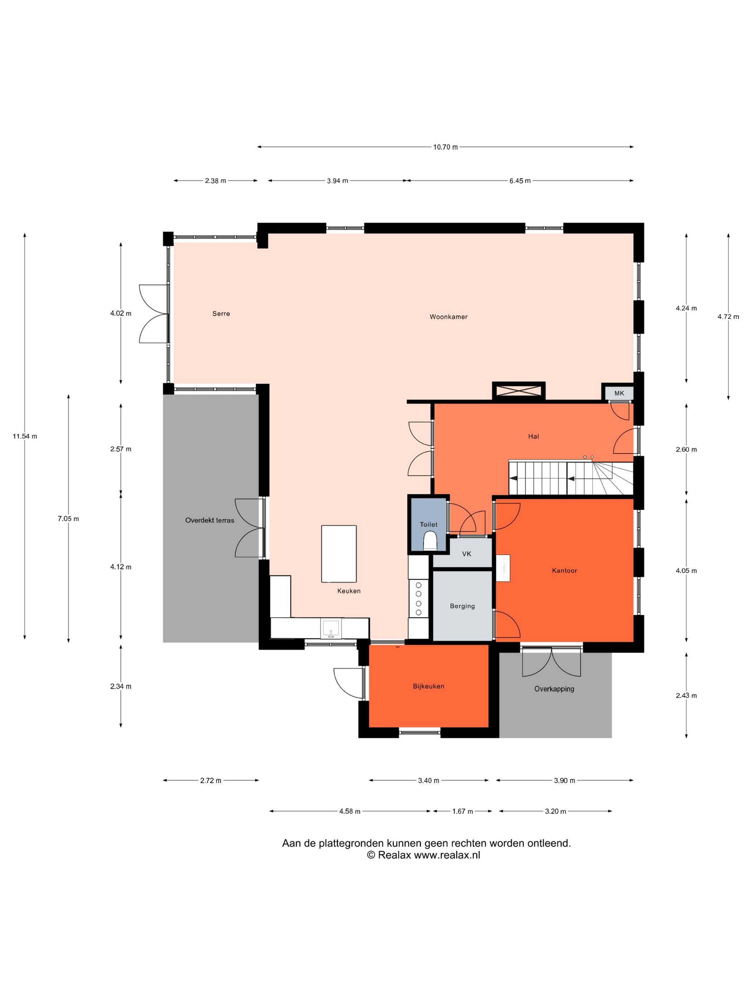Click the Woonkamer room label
tap(448, 317)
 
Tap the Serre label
tap(221, 313)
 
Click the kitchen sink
tap(331, 628)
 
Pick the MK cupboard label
tap(619, 393)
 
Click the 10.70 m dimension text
tap(445, 147)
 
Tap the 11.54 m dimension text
tap(25, 436)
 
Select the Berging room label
tap(462, 606)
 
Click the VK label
tap(467, 554)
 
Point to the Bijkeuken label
tap(428, 686)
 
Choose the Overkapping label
tap(554, 689)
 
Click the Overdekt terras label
tap(210, 520)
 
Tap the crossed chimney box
tap(519, 391)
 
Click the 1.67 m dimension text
tap(462, 811)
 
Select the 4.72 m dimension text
tap(728, 317)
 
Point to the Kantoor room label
tap(564, 570)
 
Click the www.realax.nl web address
tap(447, 855)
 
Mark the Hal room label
tap(534, 436)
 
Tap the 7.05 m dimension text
tap(68, 519)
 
